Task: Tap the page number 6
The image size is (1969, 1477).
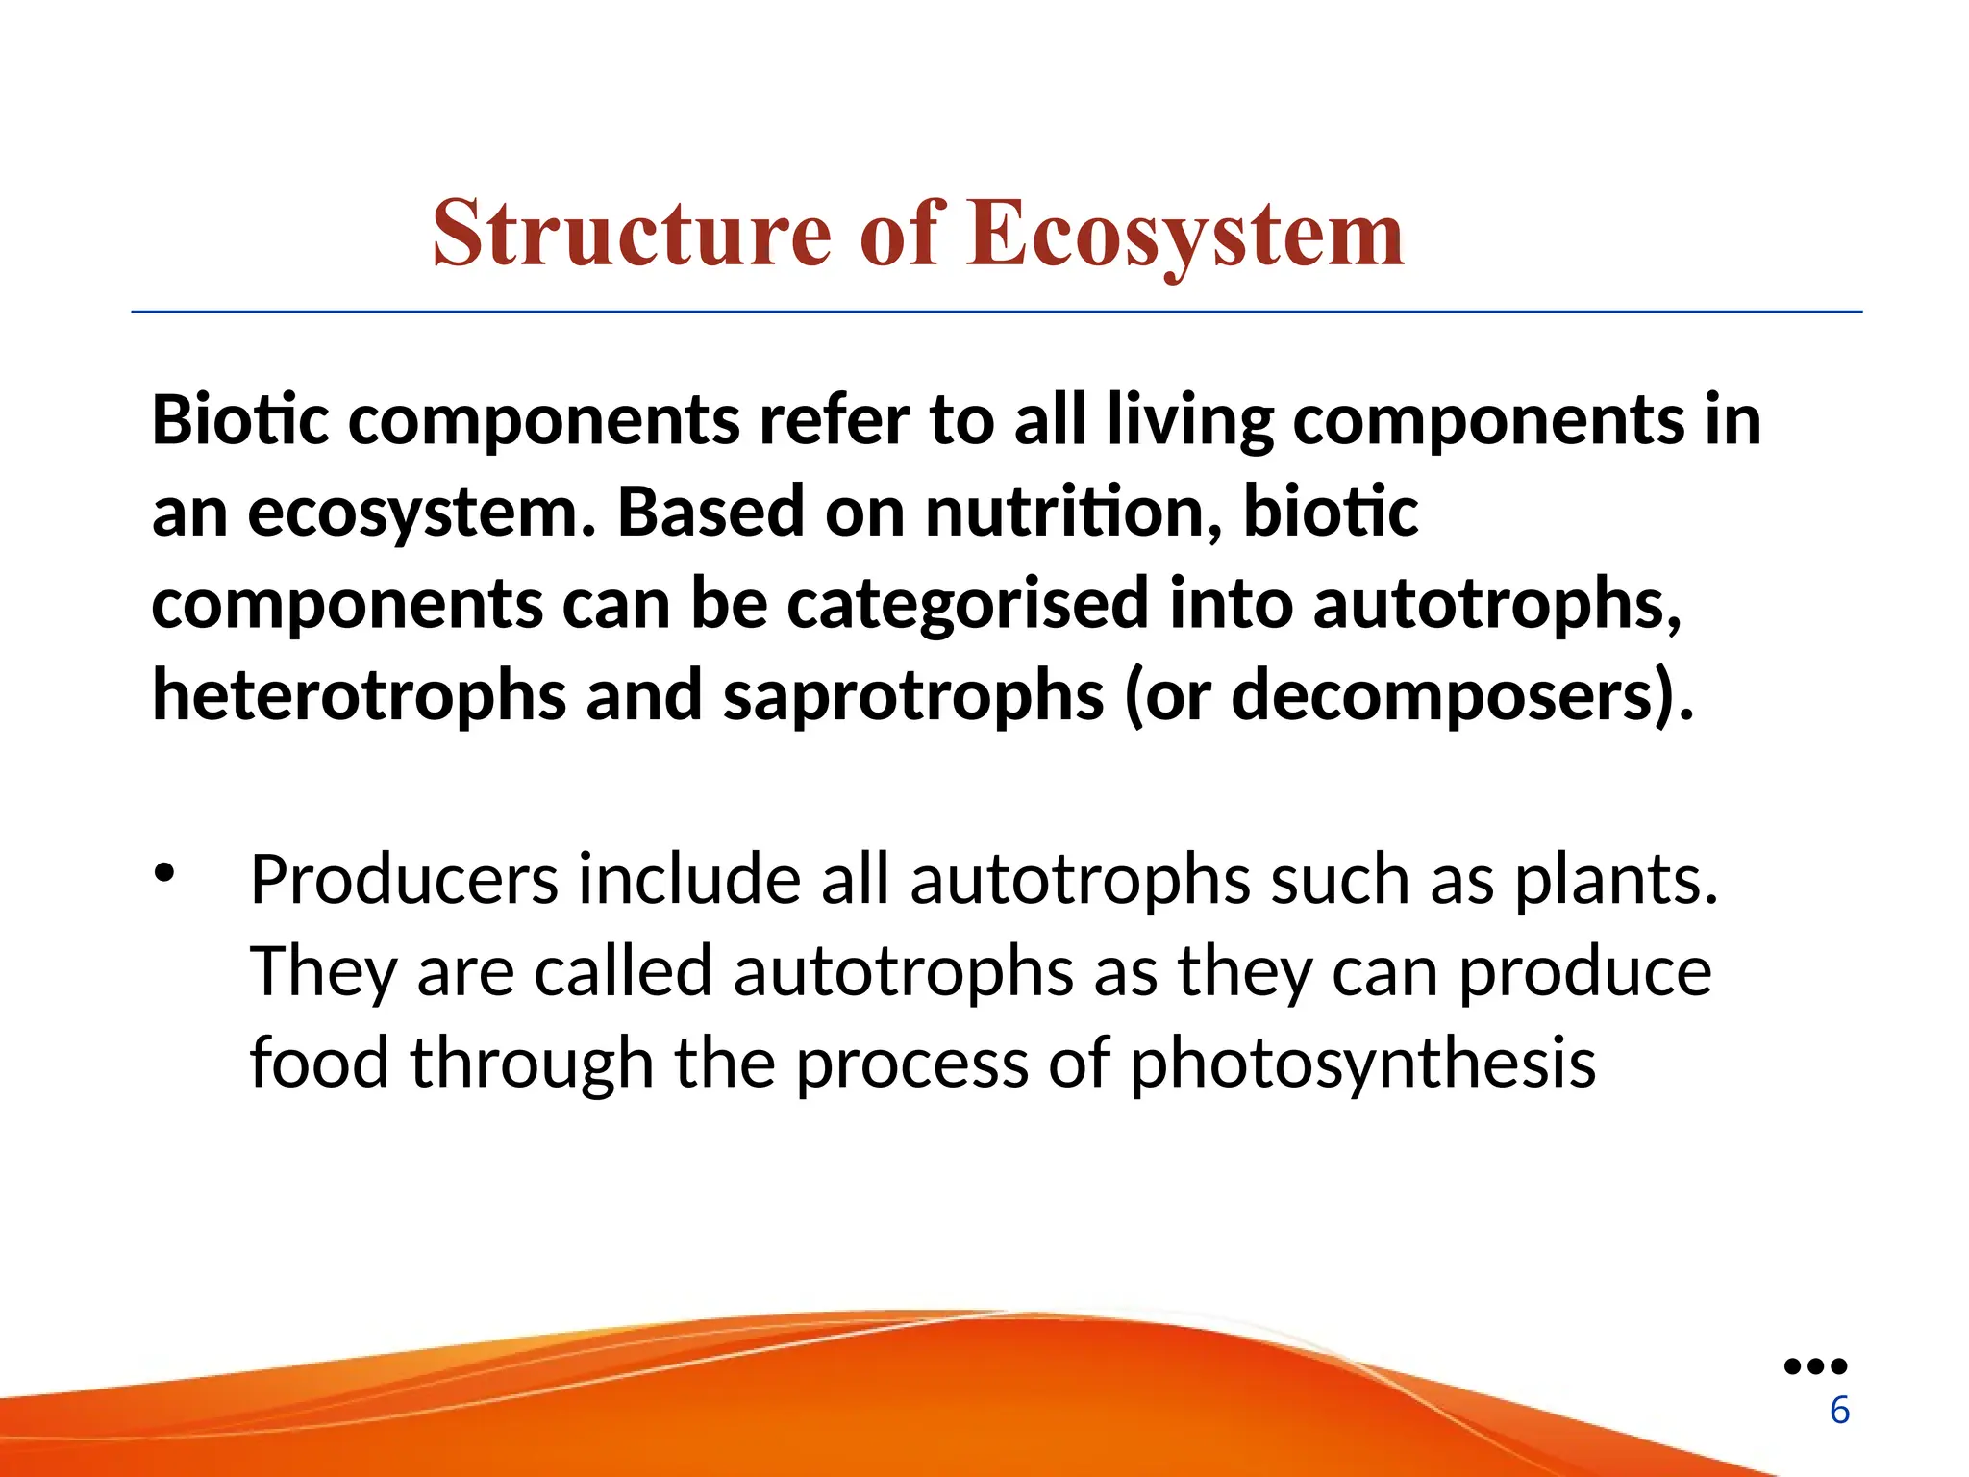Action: click(1839, 1410)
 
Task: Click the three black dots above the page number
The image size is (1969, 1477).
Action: click(1815, 1365)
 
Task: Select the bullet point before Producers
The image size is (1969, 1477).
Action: click(164, 873)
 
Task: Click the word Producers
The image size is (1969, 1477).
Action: click(404, 879)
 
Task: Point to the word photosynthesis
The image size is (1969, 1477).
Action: click(1362, 1064)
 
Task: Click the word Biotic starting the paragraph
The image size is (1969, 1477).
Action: click(239, 420)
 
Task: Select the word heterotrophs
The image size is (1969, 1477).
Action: click(359, 695)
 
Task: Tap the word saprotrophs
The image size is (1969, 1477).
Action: click(912, 695)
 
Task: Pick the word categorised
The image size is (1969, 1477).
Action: click(967, 604)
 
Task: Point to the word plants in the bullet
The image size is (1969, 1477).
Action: click(1615, 879)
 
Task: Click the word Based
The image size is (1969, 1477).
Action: click(710, 512)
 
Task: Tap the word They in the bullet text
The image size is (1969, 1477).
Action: click(323, 971)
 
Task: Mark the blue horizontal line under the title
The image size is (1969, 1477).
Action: click(996, 312)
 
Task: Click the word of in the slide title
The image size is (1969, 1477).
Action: click(899, 234)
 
